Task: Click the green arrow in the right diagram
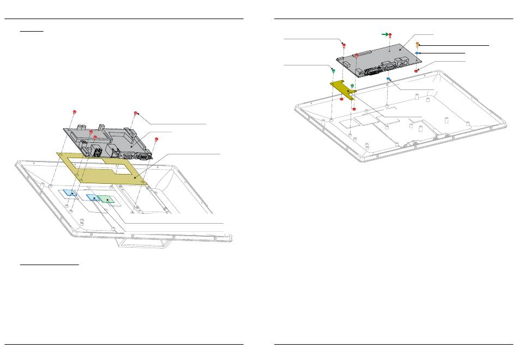point(384,34)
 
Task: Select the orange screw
point(418,44)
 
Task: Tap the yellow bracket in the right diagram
point(342,88)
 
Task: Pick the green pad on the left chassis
point(107,200)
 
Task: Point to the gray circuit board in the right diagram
point(382,57)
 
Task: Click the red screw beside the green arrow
point(390,35)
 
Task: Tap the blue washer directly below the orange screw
point(417,53)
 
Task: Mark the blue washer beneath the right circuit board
point(388,79)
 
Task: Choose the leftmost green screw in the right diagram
point(333,70)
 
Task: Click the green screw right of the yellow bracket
point(352,86)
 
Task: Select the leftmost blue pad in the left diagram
point(69,193)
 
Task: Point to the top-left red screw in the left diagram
point(74,112)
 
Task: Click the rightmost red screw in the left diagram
point(156,139)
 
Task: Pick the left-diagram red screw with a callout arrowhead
point(136,113)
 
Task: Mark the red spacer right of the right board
point(417,71)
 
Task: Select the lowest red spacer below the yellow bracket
point(341,99)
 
